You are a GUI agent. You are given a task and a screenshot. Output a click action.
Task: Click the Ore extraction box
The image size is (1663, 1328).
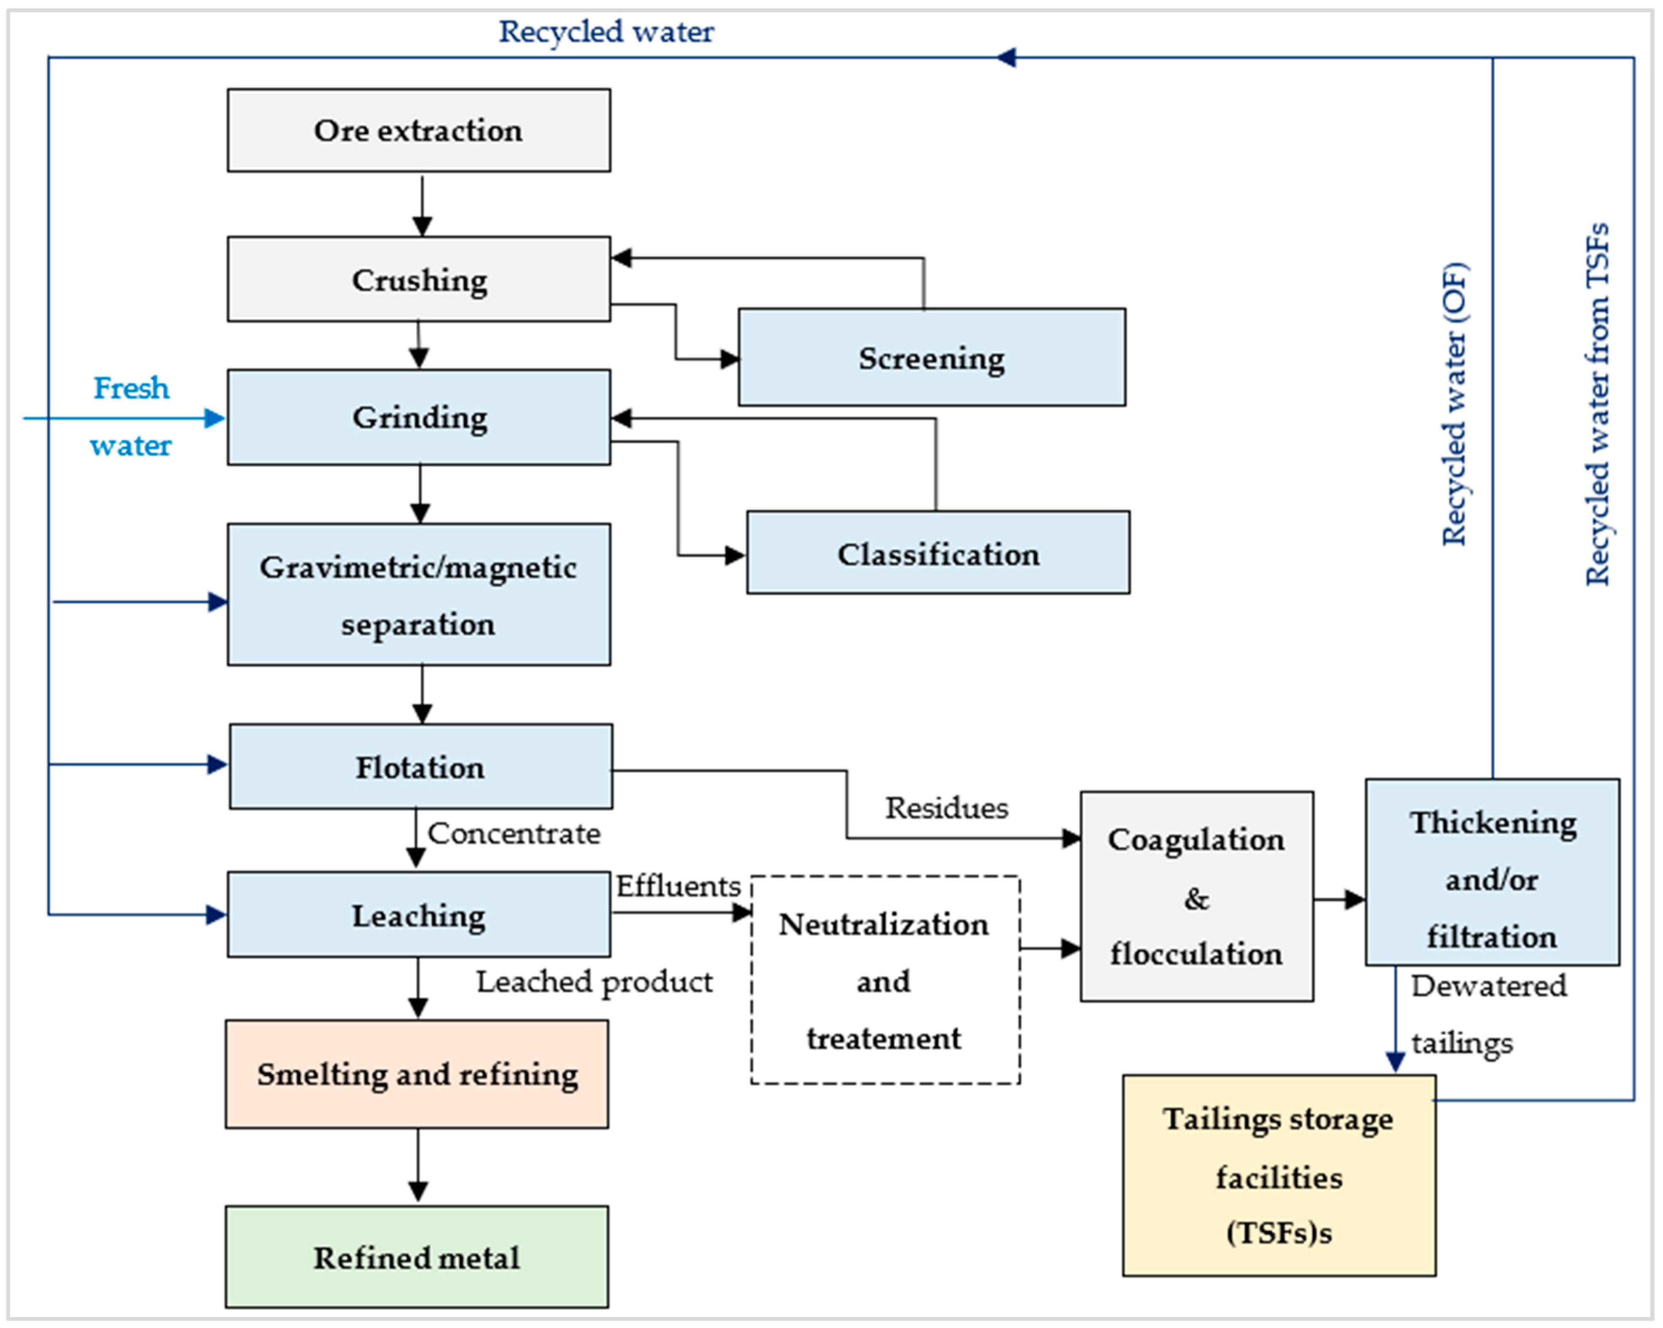click(x=419, y=130)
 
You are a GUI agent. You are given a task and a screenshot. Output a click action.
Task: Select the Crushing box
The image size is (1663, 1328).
click(x=419, y=279)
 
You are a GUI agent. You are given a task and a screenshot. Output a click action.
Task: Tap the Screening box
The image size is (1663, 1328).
click(x=932, y=357)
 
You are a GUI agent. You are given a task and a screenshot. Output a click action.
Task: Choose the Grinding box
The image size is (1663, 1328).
click(x=419, y=417)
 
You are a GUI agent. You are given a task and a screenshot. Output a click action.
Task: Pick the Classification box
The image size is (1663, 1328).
click(x=938, y=552)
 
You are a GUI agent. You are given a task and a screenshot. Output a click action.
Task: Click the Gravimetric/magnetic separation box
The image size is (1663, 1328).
click(x=419, y=595)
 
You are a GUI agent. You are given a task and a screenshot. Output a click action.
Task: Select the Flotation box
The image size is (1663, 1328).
click(x=421, y=767)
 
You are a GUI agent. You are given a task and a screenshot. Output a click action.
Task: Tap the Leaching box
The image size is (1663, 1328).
click(x=419, y=915)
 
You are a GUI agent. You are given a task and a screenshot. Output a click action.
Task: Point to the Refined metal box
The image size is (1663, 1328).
click(x=417, y=1257)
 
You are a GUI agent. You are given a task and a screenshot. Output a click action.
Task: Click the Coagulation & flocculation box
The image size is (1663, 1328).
click(x=1197, y=896)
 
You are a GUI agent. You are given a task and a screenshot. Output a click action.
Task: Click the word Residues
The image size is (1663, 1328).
click(x=947, y=808)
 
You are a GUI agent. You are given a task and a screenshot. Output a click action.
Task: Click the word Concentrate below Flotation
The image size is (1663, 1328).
click(x=514, y=833)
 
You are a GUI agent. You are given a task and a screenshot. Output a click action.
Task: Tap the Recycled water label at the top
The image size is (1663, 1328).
click(x=606, y=32)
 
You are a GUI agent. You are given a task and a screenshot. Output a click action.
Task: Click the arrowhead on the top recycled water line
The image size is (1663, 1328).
click(x=1005, y=57)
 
